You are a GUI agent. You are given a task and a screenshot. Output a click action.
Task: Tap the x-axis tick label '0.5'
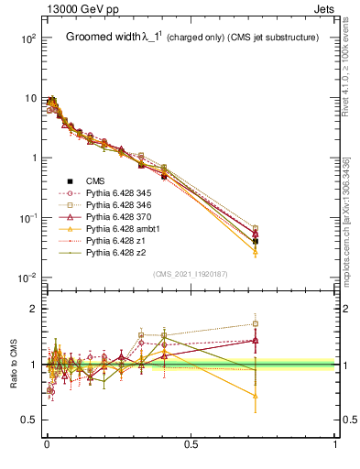(191, 444)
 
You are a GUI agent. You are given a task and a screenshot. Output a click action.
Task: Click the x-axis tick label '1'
(334, 444)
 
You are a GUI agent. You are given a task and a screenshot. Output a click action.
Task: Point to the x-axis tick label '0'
(47, 444)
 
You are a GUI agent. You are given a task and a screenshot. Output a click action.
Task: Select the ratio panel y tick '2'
(36, 309)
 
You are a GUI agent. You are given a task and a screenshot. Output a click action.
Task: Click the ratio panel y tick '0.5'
(31, 420)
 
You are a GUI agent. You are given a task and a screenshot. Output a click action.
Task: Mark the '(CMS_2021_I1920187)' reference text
(190, 274)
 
